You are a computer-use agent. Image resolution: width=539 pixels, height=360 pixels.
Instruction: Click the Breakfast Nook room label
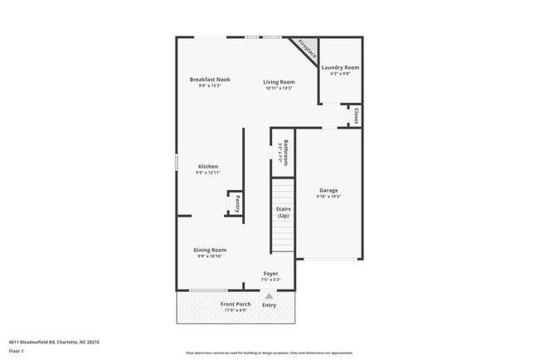[209, 80]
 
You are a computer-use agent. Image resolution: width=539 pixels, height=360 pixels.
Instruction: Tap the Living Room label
[279, 81]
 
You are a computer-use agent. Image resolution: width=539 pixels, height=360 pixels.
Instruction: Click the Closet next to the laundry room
[356, 115]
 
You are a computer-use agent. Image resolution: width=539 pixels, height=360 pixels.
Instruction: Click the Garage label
[328, 190]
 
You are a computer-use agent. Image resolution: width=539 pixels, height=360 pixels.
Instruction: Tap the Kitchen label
[207, 166]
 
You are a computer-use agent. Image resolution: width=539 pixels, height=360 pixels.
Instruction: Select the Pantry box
[236, 203]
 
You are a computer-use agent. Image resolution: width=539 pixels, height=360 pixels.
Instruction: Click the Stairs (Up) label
[283, 212]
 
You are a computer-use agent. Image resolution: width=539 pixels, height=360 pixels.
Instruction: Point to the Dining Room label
[210, 250]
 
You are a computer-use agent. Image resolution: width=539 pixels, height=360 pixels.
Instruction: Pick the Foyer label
[271, 274]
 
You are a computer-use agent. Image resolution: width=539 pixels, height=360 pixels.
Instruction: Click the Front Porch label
[236, 304]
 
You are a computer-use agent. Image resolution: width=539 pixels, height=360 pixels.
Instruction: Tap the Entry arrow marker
[269, 294]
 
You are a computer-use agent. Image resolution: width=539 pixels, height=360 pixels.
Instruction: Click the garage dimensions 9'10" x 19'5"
[328, 197]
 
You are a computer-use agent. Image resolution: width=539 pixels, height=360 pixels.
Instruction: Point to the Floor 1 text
[17, 351]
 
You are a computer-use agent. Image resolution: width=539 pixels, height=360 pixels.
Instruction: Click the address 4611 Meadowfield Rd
[33, 341]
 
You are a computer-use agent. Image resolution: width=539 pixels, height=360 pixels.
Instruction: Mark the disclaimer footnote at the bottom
[269, 353]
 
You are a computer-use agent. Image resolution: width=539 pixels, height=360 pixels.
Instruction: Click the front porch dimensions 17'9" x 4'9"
[236, 311]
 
